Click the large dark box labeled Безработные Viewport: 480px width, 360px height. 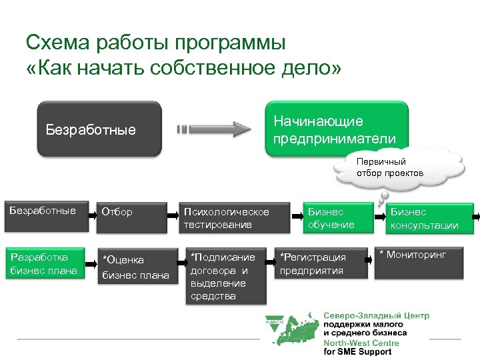pos(99,129)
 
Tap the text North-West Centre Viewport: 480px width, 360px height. pos(361,343)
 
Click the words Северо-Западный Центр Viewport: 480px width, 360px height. pos(376,315)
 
